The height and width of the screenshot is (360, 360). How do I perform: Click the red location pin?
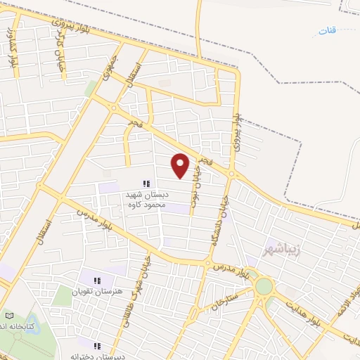(x=181, y=165)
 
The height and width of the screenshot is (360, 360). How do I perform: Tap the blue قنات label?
(x=328, y=32)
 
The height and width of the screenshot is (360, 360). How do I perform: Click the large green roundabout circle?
(x=264, y=286)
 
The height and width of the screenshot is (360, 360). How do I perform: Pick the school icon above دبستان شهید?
(x=146, y=184)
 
